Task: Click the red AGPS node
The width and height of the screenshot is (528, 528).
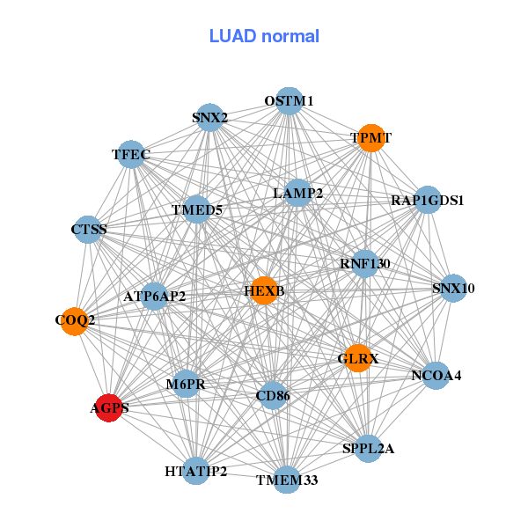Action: [x=108, y=407]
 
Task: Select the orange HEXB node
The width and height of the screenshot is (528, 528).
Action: [x=264, y=290]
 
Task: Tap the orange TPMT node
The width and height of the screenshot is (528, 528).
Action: [x=371, y=138]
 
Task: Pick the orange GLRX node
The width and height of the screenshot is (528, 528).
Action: [x=358, y=358]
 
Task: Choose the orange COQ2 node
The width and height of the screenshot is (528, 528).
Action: [x=75, y=320]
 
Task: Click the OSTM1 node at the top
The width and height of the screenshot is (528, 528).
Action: [x=289, y=101]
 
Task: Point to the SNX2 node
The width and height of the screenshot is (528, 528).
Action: [x=210, y=117]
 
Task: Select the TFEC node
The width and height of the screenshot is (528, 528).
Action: [x=131, y=155]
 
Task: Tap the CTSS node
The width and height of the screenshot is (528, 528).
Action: [x=88, y=230]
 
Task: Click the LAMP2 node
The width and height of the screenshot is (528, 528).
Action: [x=298, y=193]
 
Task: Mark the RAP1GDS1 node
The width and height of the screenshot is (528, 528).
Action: [x=428, y=200]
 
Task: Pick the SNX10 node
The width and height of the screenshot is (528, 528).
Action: [x=453, y=288]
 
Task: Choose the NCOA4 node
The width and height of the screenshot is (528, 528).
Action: [x=436, y=376]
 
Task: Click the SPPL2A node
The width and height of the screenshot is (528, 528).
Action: [x=369, y=449]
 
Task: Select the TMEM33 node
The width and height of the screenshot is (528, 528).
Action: [x=287, y=480]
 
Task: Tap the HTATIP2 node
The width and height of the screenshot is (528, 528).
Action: [x=196, y=472]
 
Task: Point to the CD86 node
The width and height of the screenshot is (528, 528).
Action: [x=273, y=397]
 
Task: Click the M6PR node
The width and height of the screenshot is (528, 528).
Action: [x=186, y=384]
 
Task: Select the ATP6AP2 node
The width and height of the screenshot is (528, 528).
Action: [x=154, y=296]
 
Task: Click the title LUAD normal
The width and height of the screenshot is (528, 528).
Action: [x=264, y=36]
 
